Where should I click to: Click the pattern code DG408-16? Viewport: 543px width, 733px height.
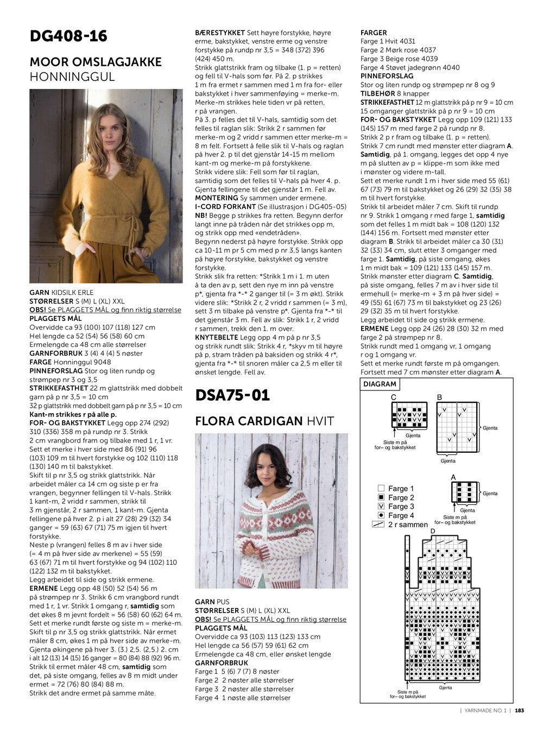coord(68,36)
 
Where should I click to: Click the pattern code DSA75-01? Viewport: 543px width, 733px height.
coord(232,395)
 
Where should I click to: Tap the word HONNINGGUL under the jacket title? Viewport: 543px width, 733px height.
coord(72,77)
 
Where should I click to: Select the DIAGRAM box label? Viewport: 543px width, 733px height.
coord(380,384)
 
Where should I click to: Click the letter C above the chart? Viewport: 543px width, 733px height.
coord(394,397)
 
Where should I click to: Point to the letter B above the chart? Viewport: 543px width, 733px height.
coord(439,397)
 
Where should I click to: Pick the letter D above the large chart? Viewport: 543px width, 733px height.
coord(433,530)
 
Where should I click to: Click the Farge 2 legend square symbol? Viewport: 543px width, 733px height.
coord(381,497)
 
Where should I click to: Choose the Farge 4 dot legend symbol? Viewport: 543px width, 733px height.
coord(381,515)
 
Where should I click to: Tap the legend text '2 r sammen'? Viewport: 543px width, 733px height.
coord(408,525)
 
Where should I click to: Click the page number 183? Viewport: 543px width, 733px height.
coord(519,710)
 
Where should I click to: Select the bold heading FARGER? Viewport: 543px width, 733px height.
coord(374,33)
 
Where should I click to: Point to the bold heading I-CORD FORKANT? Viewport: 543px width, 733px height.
coord(225,207)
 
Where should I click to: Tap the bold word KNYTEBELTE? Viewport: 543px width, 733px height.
coord(217,338)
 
